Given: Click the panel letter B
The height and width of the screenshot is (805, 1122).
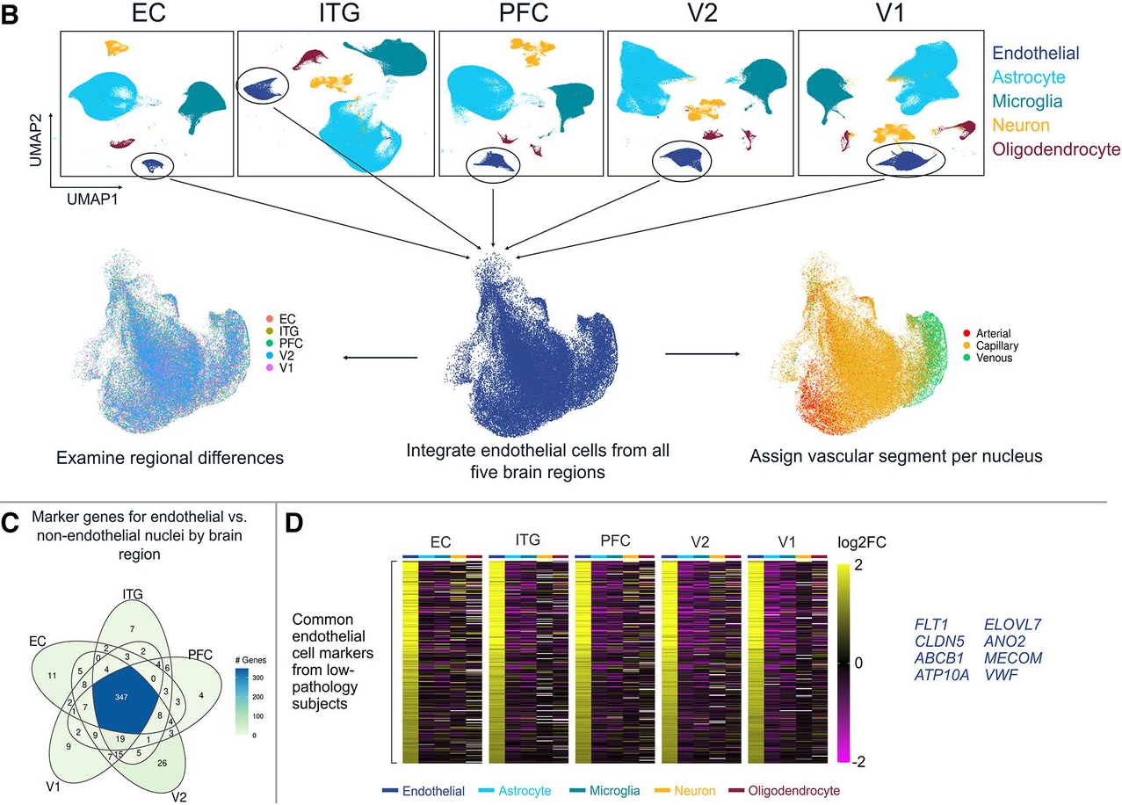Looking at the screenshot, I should [x=12, y=15].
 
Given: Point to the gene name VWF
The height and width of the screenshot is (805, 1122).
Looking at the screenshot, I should [x=1004, y=674].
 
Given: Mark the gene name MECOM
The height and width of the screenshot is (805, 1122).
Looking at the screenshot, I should [x=1016, y=657].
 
